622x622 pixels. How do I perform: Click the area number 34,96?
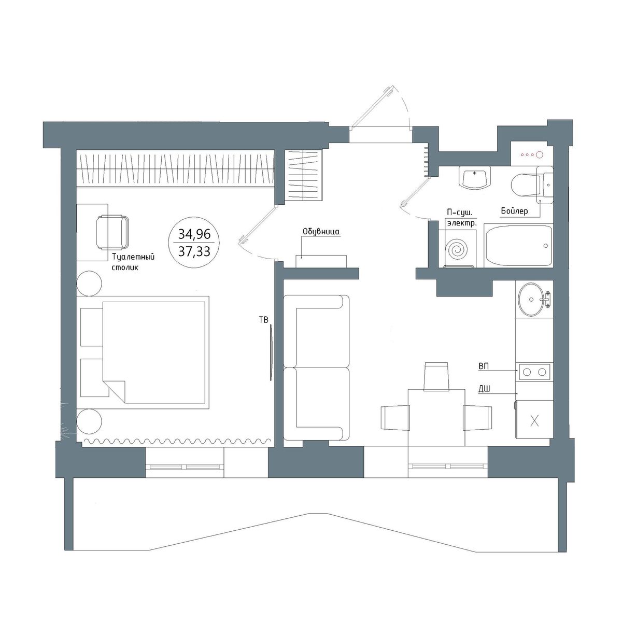[194, 234]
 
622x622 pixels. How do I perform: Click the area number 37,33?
[194, 251]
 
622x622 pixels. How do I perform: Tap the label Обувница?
[321, 232]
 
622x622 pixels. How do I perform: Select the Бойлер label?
[515, 211]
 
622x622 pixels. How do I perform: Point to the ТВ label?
[264, 320]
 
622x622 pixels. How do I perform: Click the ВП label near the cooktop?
[484, 366]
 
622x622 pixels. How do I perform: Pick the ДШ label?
[484, 389]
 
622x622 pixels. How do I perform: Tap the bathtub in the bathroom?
[518, 246]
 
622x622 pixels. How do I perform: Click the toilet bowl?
[525, 185]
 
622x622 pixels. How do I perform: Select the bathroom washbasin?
[474, 178]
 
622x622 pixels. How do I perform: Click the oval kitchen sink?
[531, 299]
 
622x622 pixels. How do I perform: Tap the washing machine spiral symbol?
[457, 249]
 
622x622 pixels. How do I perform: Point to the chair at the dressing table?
[112, 232]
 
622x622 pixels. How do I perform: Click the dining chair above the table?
[437, 376]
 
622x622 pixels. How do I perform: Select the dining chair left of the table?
[395, 418]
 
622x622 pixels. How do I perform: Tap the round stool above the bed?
[89, 284]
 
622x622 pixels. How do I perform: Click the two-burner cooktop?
[534, 372]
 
